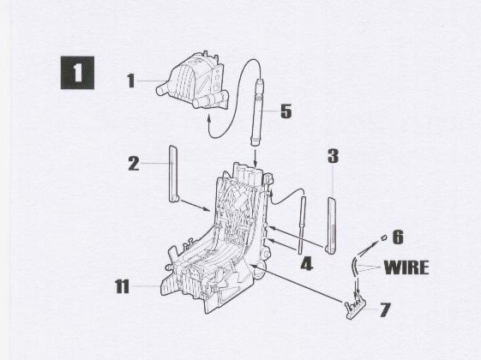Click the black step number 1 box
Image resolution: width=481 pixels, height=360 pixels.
tap(77, 73)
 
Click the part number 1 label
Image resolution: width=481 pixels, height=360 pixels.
tap(131, 81)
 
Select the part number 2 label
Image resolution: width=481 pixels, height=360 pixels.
tap(134, 164)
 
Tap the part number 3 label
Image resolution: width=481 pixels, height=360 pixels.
tap(334, 156)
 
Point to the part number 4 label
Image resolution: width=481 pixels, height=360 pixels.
tap(306, 264)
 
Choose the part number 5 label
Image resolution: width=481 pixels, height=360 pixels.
tap(286, 111)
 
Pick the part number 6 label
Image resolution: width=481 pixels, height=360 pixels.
tap(398, 237)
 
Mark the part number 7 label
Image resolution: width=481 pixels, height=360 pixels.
tap(385, 309)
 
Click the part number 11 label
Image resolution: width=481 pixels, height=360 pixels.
tap(122, 286)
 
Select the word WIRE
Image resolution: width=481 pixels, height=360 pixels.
tap(406, 267)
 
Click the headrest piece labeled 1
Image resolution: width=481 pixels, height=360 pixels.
tap(193, 82)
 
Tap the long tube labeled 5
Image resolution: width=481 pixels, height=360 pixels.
tap(257, 112)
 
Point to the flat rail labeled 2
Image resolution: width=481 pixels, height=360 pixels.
tap(173, 173)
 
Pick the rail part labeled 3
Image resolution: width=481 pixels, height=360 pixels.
tap(331, 225)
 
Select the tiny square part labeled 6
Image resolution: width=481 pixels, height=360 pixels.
tap(384, 237)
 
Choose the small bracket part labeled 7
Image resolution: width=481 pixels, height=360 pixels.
tap(356, 309)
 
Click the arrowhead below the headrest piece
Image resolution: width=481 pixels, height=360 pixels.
tap(209, 117)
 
